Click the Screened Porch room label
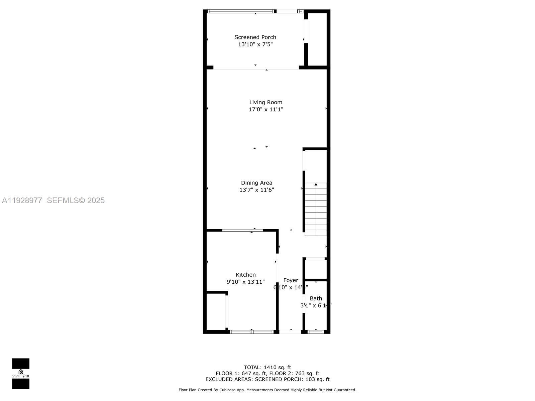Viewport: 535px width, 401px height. [x=255, y=37]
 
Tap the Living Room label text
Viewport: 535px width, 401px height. [x=265, y=102]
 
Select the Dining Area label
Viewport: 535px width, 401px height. [x=256, y=183]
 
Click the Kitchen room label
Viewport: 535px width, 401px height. [x=246, y=275]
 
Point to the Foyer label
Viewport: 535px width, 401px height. [x=291, y=280]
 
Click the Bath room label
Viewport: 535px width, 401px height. [x=316, y=298]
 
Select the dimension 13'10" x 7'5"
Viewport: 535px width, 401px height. [x=255, y=44]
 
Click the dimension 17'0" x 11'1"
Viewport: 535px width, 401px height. [x=265, y=110]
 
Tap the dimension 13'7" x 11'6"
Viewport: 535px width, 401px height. [x=256, y=190]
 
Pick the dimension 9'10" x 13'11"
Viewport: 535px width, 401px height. [x=246, y=282]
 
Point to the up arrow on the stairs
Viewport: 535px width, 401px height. [x=316, y=184]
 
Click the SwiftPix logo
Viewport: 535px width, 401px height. [x=21, y=374]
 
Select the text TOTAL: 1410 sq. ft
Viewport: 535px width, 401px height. [x=267, y=368]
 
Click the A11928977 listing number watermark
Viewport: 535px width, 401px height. [x=22, y=200]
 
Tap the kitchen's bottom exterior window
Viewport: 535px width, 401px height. [x=251, y=332]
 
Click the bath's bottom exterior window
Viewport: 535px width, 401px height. [x=316, y=332]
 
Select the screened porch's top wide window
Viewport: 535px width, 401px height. [x=241, y=11]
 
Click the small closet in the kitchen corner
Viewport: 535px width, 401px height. [x=216, y=312]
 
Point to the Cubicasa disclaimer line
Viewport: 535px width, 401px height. [x=267, y=390]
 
